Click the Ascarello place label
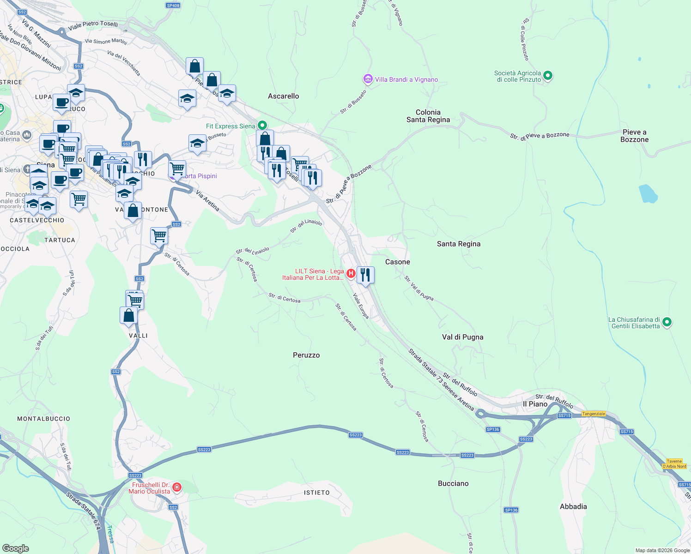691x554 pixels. coord(283,96)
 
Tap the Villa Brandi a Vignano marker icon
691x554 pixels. coord(368,79)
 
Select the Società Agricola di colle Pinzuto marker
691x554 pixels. coord(547,75)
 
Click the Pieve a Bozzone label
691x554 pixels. coord(634,136)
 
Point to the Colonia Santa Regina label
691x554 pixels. coord(428,116)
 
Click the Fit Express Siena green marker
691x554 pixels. coord(262,125)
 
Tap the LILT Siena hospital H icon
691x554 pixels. coord(351,273)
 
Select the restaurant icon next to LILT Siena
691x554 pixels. coord(365,275)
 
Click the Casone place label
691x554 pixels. coord(397,262)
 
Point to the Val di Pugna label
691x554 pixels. coord(462,337)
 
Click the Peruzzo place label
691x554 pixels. coord(306,355)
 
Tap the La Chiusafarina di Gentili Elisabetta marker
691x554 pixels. coord(667,322)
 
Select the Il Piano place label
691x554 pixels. coord(535,404)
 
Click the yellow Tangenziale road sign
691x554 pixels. coord(593,414)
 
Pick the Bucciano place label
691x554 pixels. coord(453,483)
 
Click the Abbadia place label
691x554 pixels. coord(573,506)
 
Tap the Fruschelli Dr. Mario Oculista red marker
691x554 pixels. coord(176,487)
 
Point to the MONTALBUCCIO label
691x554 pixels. coord(44,419)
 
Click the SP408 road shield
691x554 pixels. coord(173,6)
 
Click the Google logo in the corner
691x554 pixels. coord(15,548)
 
